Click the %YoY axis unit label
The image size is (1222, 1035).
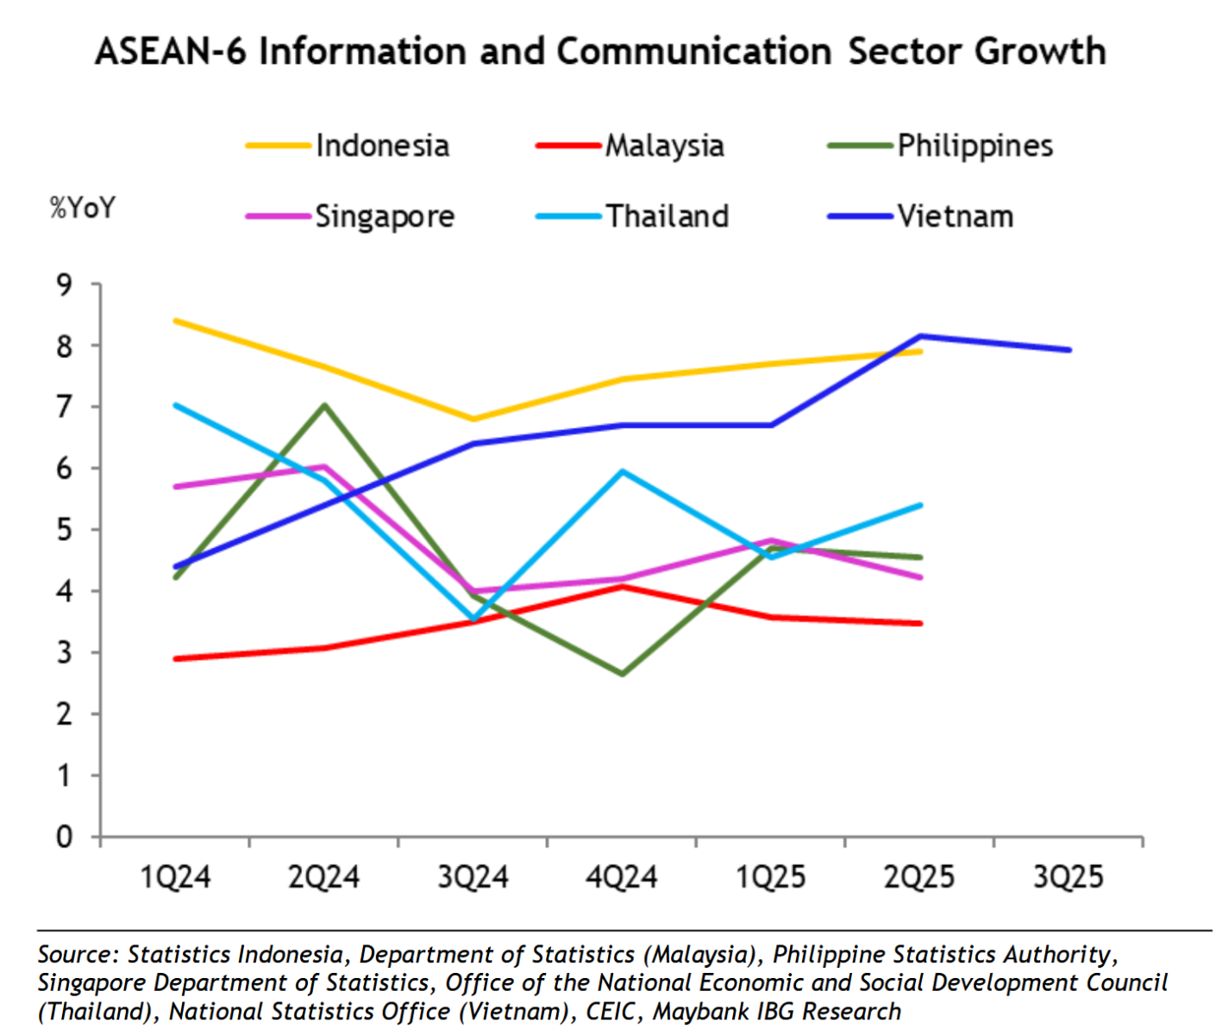point(82,208)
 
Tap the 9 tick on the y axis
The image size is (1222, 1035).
point(65,284)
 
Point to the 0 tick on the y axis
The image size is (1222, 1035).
point(65,837)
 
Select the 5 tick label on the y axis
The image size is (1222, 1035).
point(65,530)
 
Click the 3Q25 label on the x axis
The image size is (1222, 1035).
point(1068,877)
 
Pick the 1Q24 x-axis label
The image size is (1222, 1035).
point(175,877)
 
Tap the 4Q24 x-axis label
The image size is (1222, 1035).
point(621,877)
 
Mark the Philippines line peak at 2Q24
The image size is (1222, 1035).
point(325,405)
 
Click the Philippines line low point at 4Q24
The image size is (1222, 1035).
point(622,674)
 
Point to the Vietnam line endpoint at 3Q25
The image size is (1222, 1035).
point(1069,350)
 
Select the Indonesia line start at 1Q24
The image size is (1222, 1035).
point(176,321)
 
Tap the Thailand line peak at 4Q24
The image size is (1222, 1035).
point(622,471)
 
